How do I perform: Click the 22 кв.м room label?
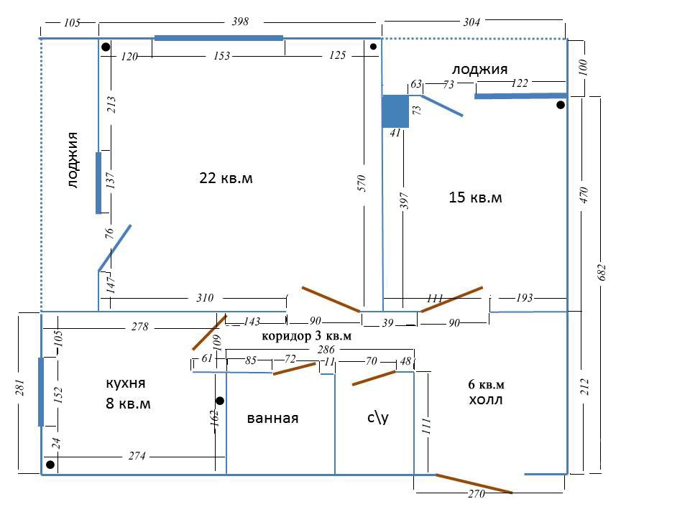226,178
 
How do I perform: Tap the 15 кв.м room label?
475,197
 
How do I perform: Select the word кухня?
126,383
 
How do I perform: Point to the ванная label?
272,418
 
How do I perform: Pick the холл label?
486,400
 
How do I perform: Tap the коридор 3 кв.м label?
307,336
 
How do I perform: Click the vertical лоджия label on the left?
73,160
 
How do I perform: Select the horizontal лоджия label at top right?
479,70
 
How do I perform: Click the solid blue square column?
395,111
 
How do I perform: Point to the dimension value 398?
240,21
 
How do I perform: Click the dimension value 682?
602,273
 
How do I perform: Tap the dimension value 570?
362,183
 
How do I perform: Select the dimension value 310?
205,297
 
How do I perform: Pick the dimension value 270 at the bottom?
476,494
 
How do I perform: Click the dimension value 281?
21,387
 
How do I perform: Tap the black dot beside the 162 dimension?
220,401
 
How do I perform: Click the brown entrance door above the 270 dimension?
474,483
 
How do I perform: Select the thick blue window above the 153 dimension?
218,38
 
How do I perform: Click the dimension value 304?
471,22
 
